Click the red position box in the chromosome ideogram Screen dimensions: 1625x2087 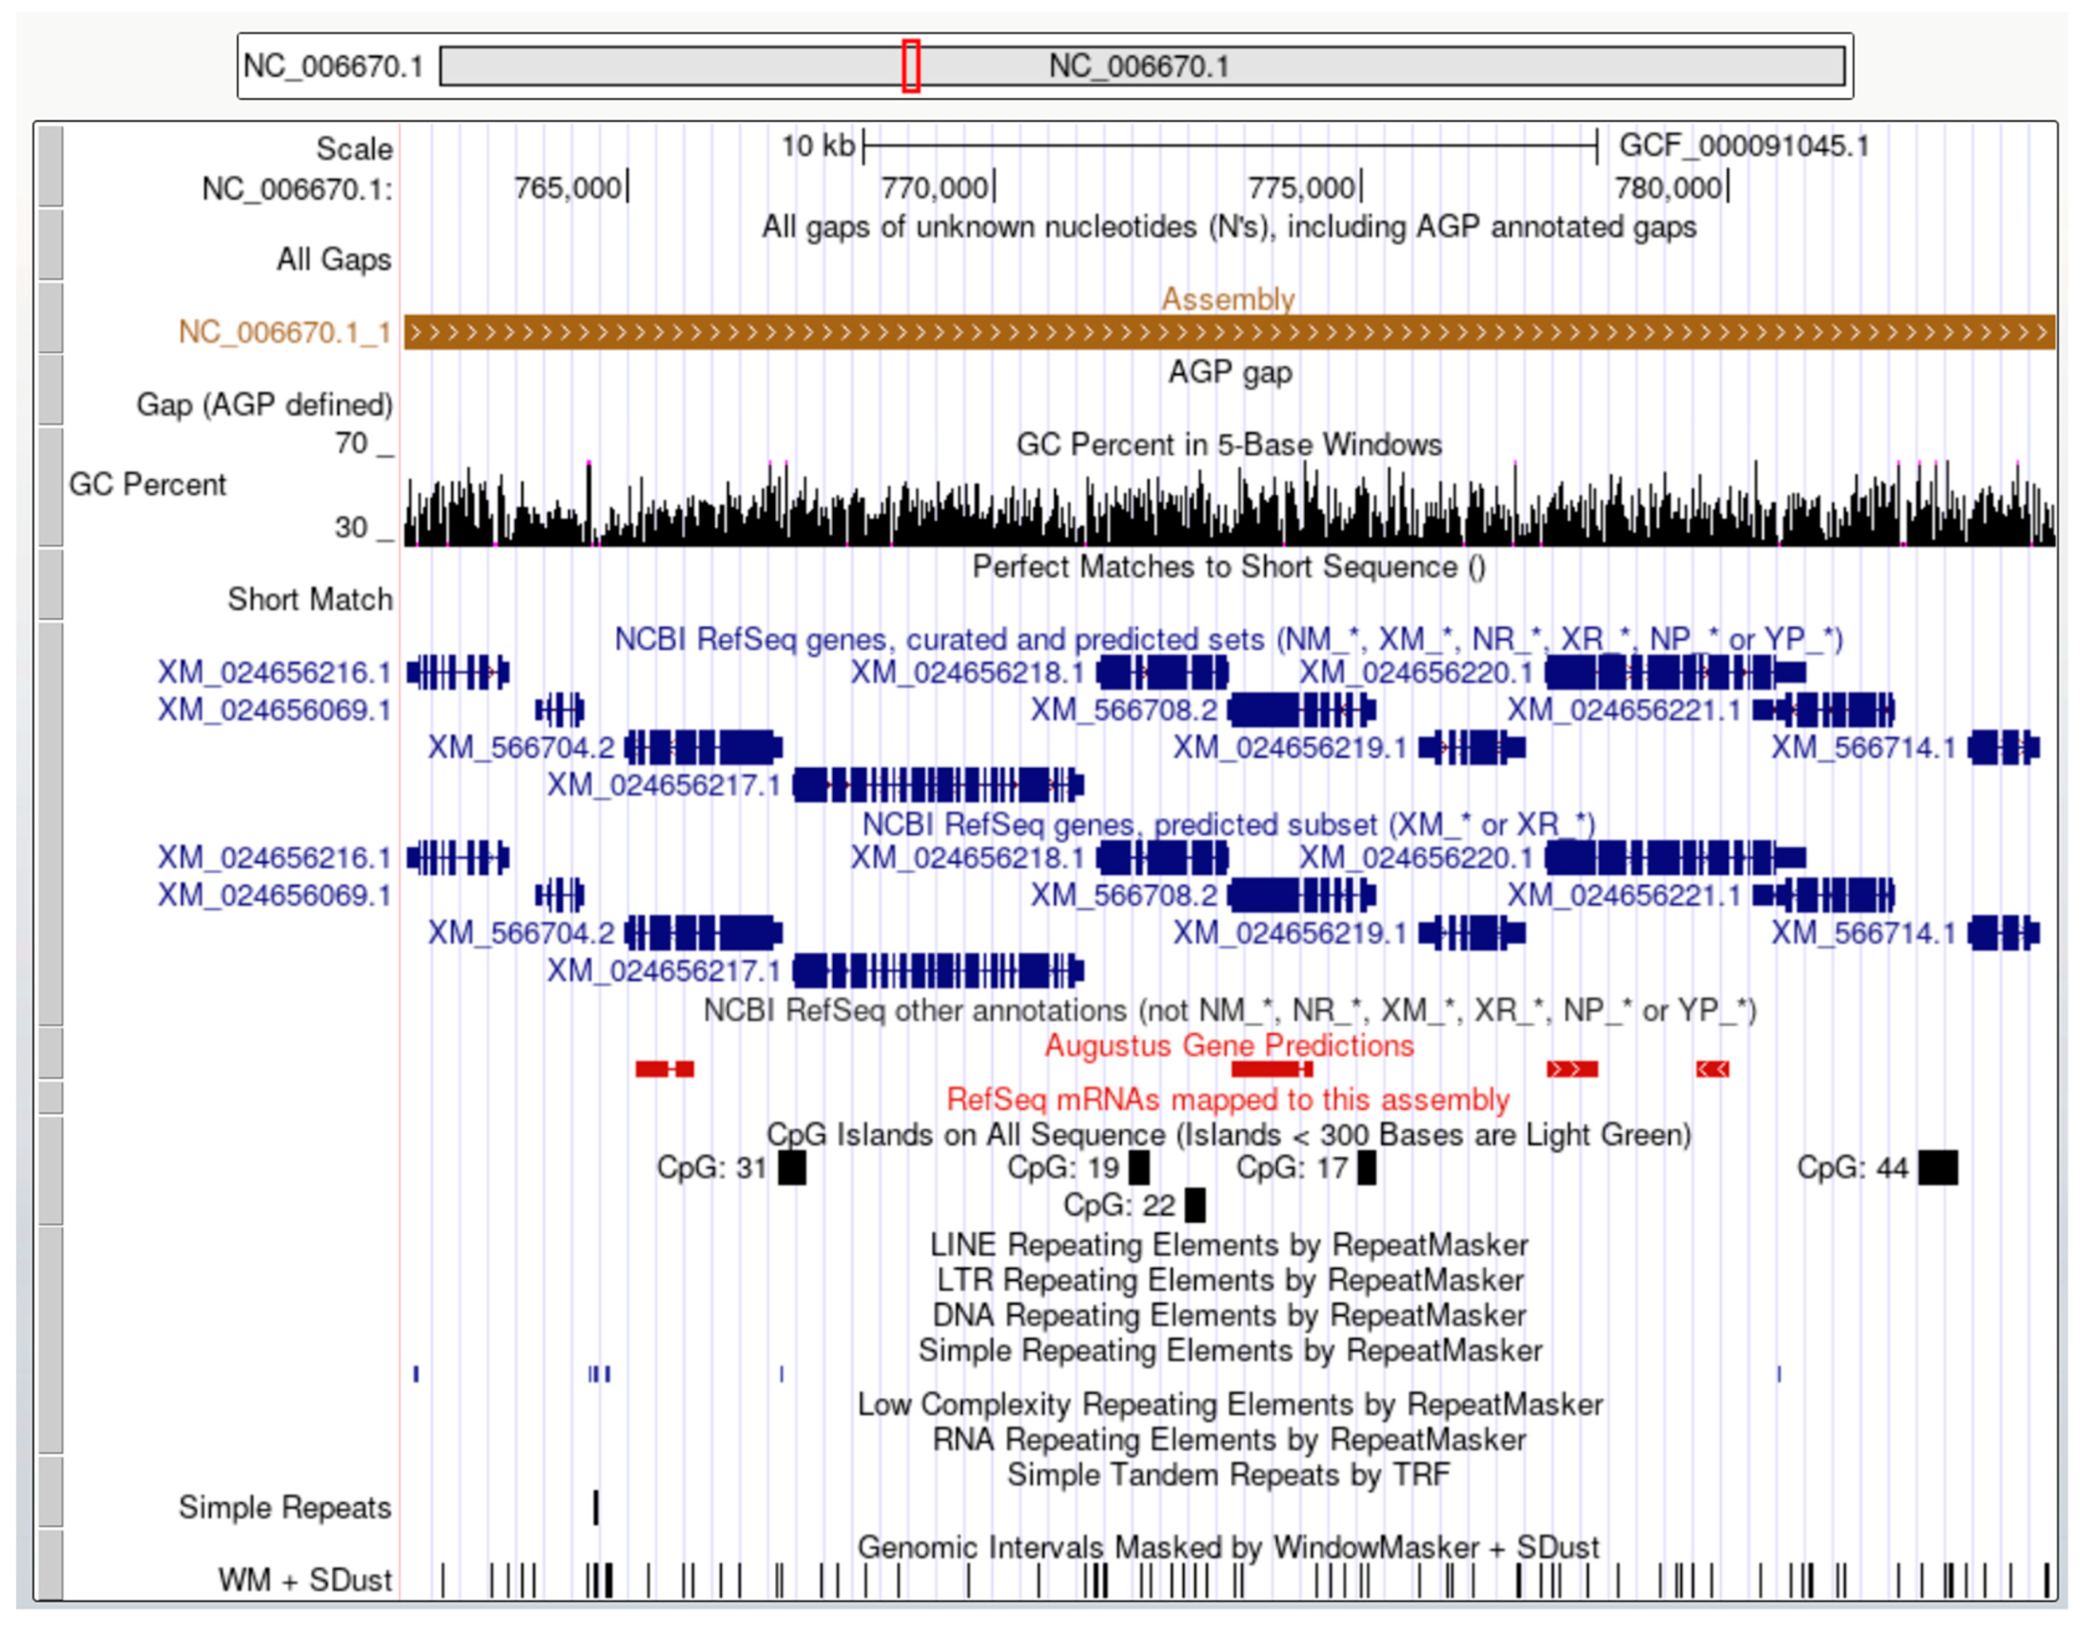[x=911, y=66]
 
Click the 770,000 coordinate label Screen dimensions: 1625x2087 [x=933, y=188]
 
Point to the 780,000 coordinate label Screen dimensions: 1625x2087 [x=1668, y=188]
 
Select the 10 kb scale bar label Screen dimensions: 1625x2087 [x=817, y=146]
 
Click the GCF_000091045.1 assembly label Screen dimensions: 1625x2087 [x=1743, y=146]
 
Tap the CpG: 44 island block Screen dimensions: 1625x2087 [x=1937, y=1167]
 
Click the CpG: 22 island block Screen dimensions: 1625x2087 [x=1195, y=1204]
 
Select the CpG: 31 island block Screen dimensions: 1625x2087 [x=791, y=1167]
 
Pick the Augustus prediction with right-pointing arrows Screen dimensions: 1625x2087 [x=1572, y=1069]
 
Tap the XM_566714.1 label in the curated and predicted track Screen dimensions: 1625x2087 [x=1863, y=747]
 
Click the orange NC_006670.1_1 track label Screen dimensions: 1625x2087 [x=285, y=333]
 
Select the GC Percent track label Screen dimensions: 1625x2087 [x=147, y=484]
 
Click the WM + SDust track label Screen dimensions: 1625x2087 [x=304, y=1580]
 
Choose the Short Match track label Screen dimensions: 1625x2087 [x=309, y=599]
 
